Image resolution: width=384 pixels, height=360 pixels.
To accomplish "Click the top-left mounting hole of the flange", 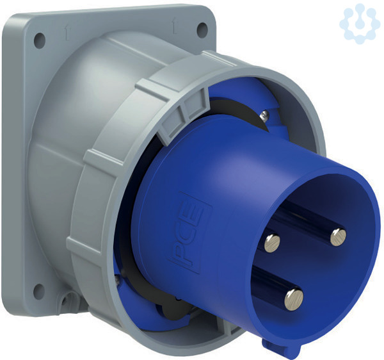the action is click(40, 40).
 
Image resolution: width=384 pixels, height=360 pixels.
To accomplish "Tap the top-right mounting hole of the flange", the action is click(202, 30).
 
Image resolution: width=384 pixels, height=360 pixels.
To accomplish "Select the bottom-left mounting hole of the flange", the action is click(38, 291).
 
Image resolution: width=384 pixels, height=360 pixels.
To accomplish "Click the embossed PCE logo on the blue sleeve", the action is click(190, 233).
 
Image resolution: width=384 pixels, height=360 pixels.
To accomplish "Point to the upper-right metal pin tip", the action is click(338, 237).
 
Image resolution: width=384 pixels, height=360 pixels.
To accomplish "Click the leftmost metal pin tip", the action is click(272, 243).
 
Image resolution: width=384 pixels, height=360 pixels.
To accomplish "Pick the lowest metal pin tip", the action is click(294, 300).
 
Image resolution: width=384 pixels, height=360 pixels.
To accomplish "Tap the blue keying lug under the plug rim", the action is click(282, 347).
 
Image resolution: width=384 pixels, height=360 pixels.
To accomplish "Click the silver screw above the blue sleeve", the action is click(264, 115).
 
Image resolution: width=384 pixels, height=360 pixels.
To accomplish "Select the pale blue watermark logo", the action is click(358, 24).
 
